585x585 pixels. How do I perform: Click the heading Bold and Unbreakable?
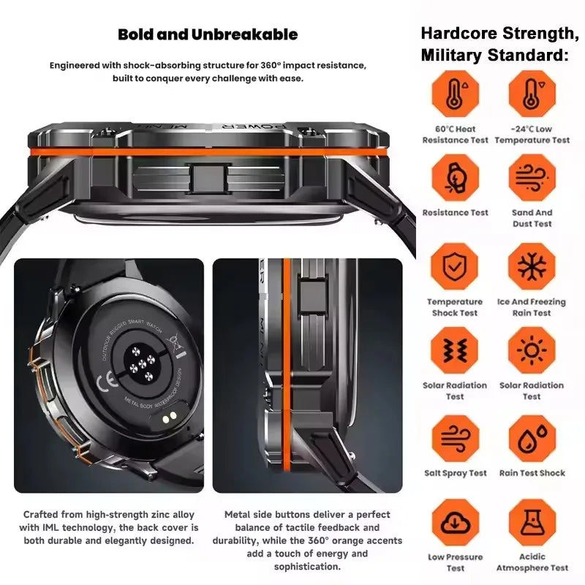208,34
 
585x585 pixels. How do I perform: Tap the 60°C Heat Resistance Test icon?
455,94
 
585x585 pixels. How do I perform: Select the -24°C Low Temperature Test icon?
532,94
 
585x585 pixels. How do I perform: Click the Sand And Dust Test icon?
532,178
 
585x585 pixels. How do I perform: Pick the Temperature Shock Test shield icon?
455,266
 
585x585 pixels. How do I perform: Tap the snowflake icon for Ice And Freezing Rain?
532,266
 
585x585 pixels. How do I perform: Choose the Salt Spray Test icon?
455,438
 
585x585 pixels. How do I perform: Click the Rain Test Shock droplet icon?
532,438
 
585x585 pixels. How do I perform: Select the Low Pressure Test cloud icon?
455,522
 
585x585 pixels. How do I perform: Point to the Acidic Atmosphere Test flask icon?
532,522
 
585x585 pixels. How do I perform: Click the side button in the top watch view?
208,178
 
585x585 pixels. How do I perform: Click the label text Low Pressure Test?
455,562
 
